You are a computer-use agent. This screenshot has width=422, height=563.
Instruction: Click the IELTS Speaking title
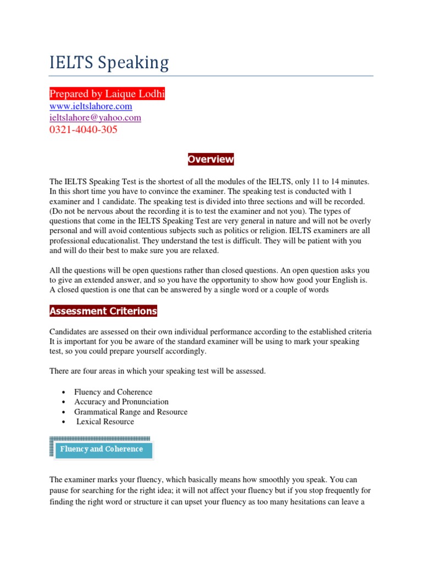109,63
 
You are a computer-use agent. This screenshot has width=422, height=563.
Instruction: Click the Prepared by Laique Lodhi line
107,94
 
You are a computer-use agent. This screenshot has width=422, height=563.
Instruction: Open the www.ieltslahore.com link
91,106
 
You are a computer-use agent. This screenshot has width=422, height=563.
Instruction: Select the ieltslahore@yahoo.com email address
95,118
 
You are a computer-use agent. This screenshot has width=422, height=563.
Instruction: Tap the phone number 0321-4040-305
84,130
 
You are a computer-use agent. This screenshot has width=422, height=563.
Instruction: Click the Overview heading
210,159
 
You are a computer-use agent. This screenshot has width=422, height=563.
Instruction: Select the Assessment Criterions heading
103,311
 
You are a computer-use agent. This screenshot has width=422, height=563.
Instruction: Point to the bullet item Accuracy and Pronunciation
121,402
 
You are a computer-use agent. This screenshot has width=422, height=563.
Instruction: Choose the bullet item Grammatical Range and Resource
131,412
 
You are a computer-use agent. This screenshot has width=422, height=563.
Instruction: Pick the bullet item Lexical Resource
105,422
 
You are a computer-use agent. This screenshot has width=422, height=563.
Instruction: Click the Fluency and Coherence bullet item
113,392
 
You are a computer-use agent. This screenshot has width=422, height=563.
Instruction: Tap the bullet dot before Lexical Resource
64,422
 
